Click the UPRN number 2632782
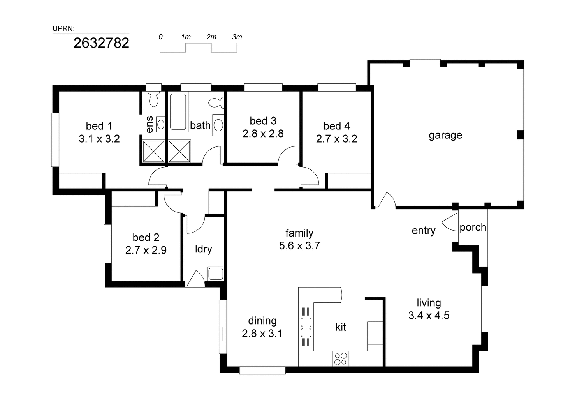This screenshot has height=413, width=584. coord(101,43)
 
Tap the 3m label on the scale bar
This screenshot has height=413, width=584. coord(237,37)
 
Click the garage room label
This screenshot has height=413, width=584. coord(445,135)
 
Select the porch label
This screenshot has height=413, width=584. coord(473,227)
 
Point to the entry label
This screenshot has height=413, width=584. coord(423,231)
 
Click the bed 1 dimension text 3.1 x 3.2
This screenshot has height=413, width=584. coord(99,139)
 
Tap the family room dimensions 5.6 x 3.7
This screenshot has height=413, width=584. coord(299,245)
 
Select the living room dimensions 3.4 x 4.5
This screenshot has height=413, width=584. coord(429,315)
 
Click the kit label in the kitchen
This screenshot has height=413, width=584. coord(341,327)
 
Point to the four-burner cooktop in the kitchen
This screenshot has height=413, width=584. coord(341,358)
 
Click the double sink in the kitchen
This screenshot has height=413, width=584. coord(306,327)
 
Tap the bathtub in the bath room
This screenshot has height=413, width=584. coord(178,112)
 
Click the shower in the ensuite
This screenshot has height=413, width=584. coord(154,151)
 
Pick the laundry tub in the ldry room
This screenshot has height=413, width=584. coord(215,274)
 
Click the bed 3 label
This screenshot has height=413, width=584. coord(263,121)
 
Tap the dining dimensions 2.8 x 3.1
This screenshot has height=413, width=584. coord(262,334)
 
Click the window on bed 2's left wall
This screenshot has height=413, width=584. coord(107,244)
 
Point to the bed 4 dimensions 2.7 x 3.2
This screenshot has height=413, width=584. coord(336,139)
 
